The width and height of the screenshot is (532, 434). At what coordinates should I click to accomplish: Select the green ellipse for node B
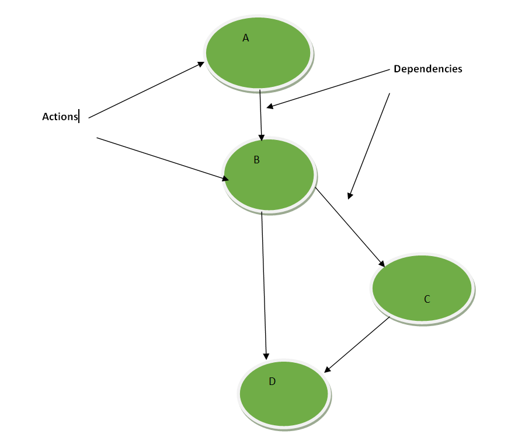pos(269,174)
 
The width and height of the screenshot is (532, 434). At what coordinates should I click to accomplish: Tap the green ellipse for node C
pos(422,288)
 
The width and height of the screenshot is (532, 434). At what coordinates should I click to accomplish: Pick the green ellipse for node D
pos(284,394)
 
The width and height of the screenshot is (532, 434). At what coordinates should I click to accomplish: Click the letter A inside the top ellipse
pos(246,38)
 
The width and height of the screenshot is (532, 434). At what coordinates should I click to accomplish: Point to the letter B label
pos(256,160)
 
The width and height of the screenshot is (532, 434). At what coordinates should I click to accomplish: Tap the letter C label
pos(427,299)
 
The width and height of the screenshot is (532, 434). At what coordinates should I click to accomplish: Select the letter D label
pos(272,381)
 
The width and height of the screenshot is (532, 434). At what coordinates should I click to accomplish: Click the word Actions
pos(60,117)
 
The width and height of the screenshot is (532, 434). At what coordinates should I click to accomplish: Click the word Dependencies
pos(428,69)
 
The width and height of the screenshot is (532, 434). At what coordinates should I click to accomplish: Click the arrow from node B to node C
pos(350,227)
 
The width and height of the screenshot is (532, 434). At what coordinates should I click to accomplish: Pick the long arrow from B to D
pos(264,286)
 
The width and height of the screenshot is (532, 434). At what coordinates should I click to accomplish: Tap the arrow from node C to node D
pos(357,345)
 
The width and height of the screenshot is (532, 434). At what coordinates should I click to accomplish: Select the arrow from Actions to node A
pos(146,90)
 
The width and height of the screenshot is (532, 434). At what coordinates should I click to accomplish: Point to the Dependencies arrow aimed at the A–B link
pos(328,88)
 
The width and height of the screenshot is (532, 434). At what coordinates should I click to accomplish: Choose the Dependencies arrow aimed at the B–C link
pos(369,146)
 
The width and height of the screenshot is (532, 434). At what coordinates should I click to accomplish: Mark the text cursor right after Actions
pos(79,117)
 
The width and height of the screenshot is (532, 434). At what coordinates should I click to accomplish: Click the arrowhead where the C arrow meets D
pos(328,369)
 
